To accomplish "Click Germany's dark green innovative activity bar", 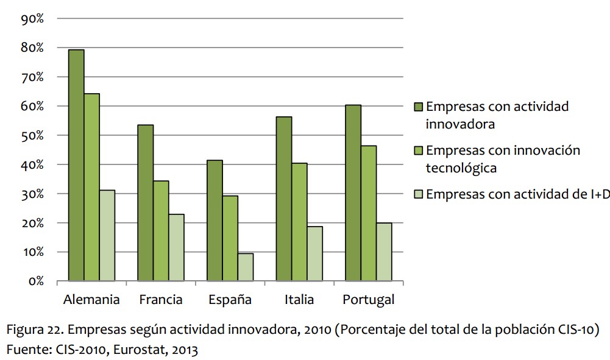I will pos(76,164).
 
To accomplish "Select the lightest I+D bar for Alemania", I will pos(107,235).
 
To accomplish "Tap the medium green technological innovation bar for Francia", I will pos(161,231).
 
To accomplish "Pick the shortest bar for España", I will pos(245,267).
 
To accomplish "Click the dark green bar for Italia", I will pos(284,199).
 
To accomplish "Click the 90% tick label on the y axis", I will pos(32,19).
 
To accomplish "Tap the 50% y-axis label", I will pos(32,135).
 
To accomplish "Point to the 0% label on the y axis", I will pos(35,281).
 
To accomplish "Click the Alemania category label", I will pos(91,300).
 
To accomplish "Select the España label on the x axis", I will pos(230,300).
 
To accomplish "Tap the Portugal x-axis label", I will pos(368,300).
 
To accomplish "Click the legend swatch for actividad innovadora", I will pos(418,107).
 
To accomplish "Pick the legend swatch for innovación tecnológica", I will pos(418,150).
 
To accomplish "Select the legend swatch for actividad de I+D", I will pos(418,194).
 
